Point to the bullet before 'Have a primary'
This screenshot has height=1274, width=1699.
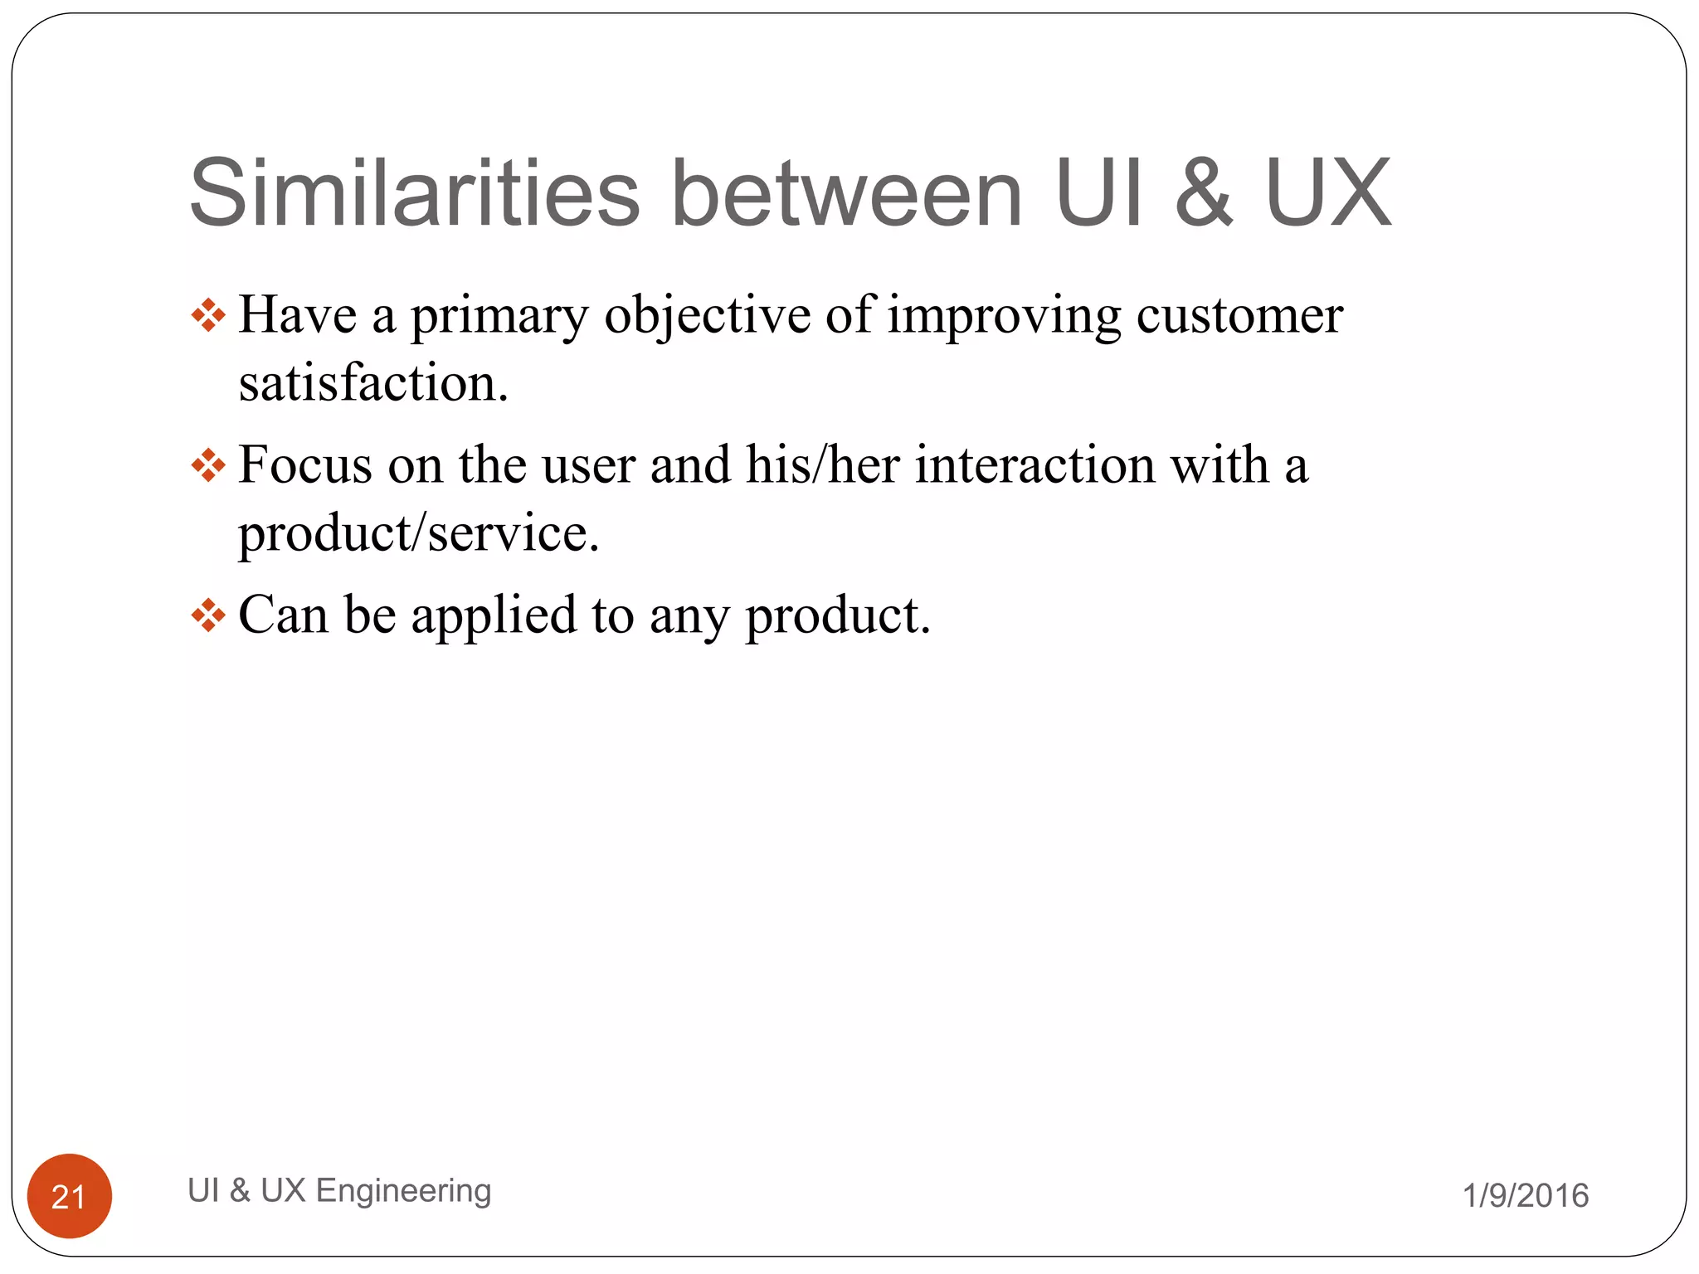point(207,316)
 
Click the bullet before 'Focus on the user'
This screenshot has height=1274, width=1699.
point(207,465)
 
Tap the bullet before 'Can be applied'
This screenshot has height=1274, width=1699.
point(207,615)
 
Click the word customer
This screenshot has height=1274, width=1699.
point(1239,316)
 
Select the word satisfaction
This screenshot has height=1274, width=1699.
point(373,384)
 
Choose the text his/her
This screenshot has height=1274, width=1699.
point(822,464)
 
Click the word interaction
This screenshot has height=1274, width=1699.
point(1034,464)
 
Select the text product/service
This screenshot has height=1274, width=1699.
point(418,532)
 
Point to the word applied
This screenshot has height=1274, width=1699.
point(494,615)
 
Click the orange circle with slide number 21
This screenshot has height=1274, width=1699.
point(70,1196)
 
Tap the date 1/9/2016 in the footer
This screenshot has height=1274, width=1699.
point(1525,1196)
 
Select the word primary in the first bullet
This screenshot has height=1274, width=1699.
point(499,316)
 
